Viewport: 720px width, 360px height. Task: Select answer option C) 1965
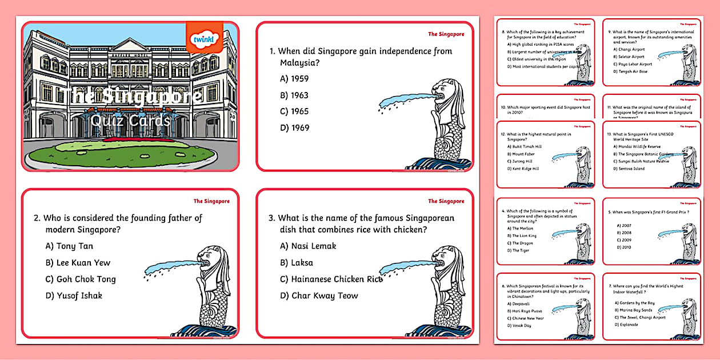(294, 111)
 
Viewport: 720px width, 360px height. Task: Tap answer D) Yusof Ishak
(74, 295)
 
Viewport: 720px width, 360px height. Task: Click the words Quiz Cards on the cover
(131, 121)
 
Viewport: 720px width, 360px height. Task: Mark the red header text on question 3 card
(446, 201)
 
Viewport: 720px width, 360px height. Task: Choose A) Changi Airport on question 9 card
(631, 49)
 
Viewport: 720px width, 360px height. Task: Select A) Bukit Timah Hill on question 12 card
(524, 147)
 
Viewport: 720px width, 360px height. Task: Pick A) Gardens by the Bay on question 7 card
(634, 303)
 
